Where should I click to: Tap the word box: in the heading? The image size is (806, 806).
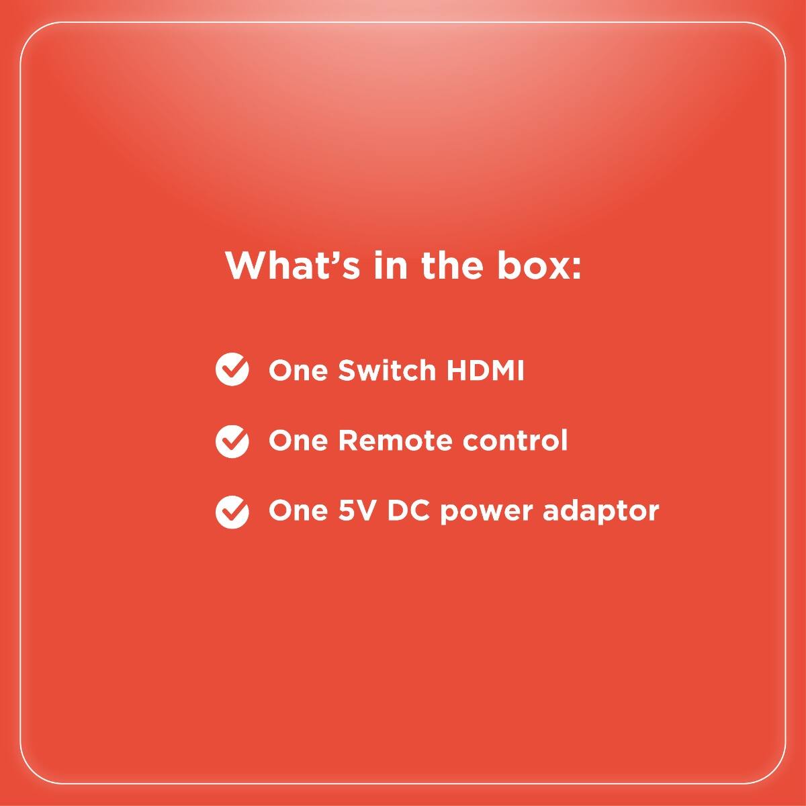539,265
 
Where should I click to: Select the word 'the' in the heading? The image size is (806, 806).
452,265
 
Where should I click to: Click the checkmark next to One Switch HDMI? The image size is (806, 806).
232,369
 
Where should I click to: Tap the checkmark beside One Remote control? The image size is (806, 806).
232,441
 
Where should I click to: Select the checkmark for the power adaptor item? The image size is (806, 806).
232,512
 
